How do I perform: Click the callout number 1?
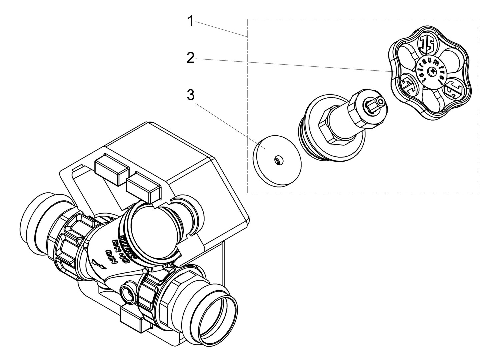point(190,21)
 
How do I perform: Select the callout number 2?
point(190,58)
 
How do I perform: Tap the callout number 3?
point(190,95)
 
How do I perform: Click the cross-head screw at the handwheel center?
point(433,71)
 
